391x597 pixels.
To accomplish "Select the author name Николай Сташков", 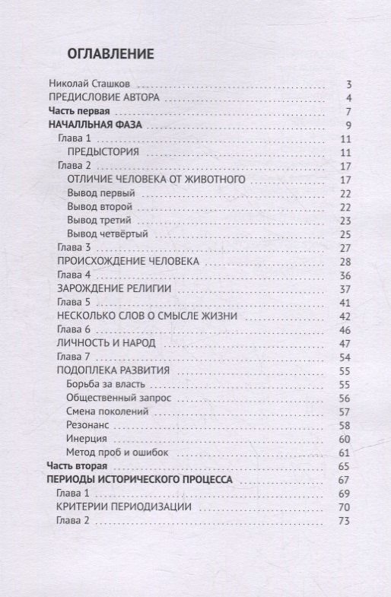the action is pyautogui.click(x=91, y=84).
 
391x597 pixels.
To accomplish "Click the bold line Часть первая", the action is pyautogui.click(x=78, y=112).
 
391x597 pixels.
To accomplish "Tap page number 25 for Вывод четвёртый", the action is pyautogui.click(x=344, y=234).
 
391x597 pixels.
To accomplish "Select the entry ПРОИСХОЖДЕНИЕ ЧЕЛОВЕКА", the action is pyautogui.click(x=129, y=262).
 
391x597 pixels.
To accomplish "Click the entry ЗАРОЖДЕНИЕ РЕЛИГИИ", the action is pyautogui.click(x=114, y=289).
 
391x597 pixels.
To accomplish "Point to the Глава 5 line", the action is pyautogui.click(x=75, y=303).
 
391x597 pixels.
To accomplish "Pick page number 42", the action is pyautogui.click(x=344, y=316).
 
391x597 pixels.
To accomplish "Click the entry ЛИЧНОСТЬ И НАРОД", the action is pyautogui.click(x=106, y=344).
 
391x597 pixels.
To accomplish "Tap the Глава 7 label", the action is pyautogui.click(x=75, y=357).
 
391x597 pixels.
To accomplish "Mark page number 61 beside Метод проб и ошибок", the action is pyautogui.click(x=344, y=453).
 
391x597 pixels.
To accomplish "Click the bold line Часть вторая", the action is pyautogui.click(x=78, y=466).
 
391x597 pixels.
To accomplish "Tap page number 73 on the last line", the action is pyautogui.click(x=344, y=521).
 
